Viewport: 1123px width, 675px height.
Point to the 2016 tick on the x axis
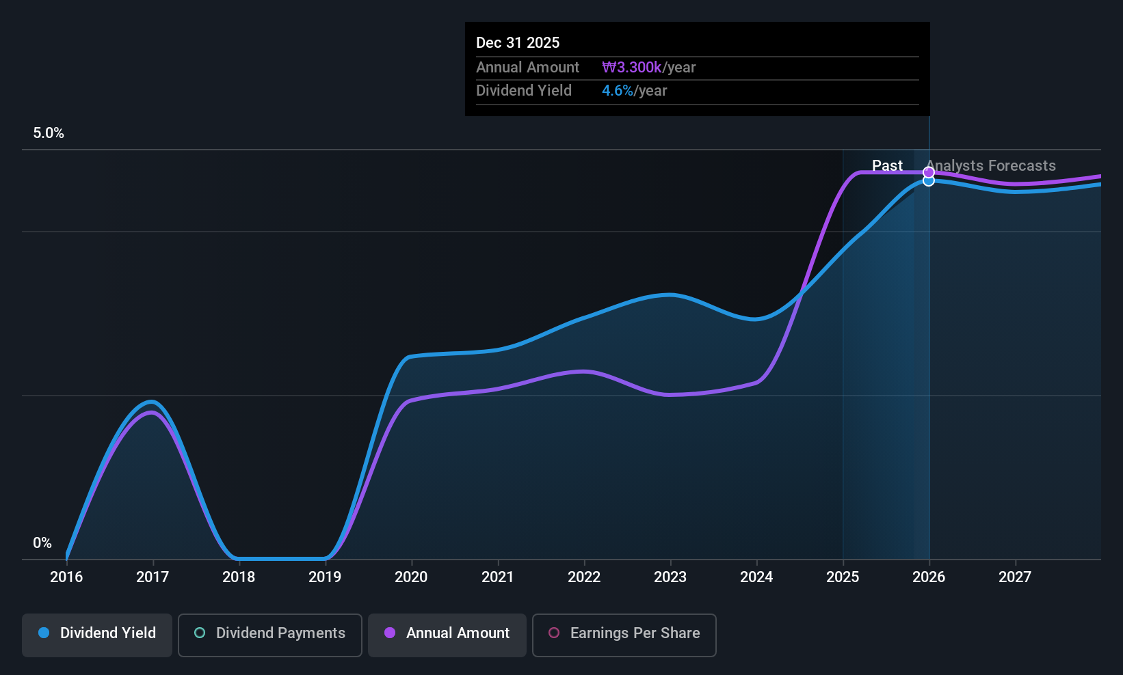(x=66, y=577)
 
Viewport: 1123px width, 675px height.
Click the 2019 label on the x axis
(x=325, y=577)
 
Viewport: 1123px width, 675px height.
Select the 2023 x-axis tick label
(x=670, y=577)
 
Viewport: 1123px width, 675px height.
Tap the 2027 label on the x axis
(x=1015, y=577)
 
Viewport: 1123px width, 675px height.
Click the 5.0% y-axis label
(x=49, y=133)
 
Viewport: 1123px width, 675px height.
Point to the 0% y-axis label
(x=42, y=543)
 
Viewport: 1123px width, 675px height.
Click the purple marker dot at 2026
(x=929, y=172)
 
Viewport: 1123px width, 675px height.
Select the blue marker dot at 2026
(x=929, y=181)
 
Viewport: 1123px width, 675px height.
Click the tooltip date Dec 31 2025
(x=518, y=43)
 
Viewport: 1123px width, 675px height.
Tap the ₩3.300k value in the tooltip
(x=632, y=68)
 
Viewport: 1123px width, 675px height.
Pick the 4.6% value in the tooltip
(x=618, y=91)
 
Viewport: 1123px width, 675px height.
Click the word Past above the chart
(x=887, y=166)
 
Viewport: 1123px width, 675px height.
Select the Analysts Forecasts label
(x=992, y=166)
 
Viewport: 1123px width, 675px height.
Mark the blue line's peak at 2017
(x=152, y=402)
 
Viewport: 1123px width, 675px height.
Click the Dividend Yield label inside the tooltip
(x=524, y=91)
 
